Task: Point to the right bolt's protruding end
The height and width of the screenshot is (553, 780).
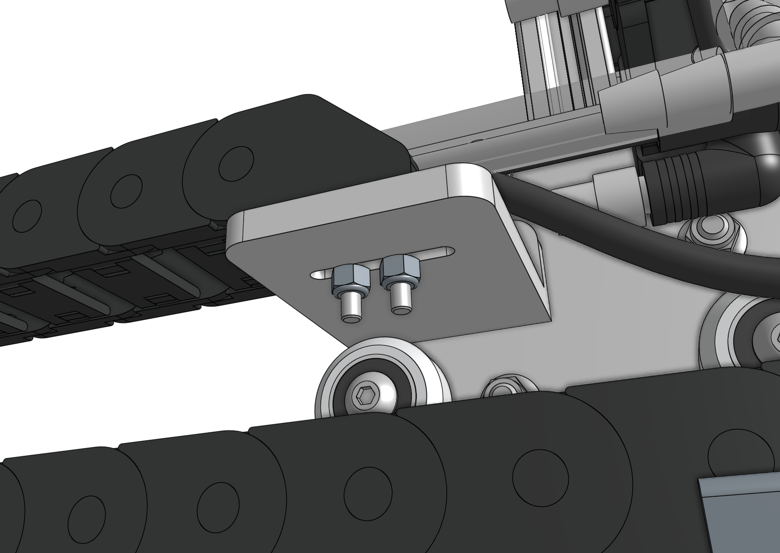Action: coord(400,299)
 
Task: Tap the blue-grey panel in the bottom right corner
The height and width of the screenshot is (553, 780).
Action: coord(742,514)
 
